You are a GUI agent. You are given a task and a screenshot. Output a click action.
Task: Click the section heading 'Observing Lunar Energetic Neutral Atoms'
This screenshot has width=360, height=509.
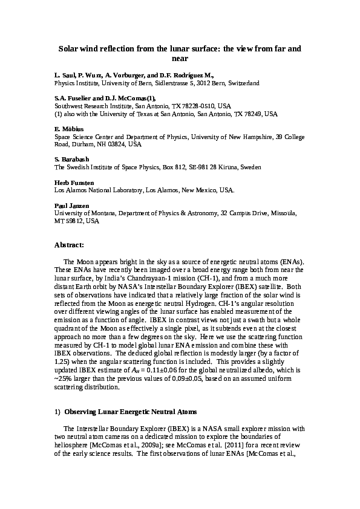130,412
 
